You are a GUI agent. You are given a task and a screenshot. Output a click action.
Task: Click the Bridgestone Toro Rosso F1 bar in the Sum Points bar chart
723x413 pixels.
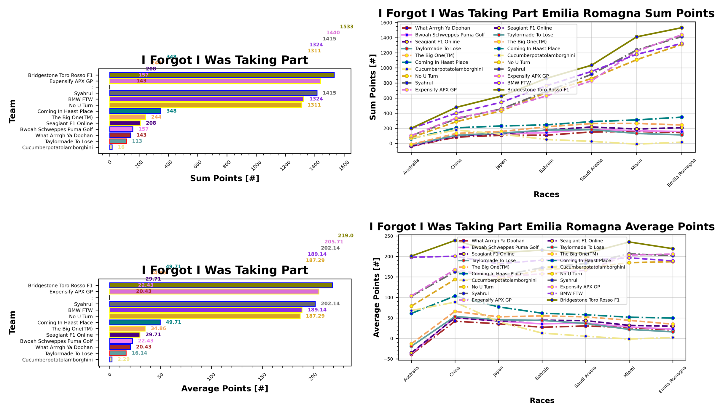point(222,75)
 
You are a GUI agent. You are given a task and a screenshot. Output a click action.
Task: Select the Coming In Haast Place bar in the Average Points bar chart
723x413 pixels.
point(135,322)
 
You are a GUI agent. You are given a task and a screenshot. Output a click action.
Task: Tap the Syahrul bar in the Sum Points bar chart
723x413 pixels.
point(213,93)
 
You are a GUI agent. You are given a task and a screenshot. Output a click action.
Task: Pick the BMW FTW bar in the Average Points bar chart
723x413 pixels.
point(206,310)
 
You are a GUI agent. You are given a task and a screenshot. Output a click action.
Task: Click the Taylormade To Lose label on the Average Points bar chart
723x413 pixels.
point(69,353)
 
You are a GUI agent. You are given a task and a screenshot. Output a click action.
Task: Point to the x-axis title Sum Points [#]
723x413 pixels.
point(224,178)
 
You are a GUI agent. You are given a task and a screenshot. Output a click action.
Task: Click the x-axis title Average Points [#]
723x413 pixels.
point(224,388)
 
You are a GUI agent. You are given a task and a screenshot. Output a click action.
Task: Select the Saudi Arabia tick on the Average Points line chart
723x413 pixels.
point(585,377)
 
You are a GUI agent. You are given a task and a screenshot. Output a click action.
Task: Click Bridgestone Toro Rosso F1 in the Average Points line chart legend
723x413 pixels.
point(590,300)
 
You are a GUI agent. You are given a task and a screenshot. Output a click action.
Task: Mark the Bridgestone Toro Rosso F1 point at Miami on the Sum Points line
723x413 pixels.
point(636,37)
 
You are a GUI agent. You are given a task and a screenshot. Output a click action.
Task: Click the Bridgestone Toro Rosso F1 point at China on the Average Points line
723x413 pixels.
point(455,241)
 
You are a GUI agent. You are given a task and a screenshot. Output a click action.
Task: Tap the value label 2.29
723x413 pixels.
point(123,359)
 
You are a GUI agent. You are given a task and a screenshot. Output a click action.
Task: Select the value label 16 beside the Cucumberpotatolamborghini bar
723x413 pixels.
point(121,147)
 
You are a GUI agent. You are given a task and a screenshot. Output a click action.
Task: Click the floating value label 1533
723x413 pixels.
point(346,27)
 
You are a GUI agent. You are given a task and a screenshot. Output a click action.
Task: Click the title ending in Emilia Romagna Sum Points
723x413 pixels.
point(546,14)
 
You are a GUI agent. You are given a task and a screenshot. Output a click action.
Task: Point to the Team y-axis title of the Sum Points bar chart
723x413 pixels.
point(12,111)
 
